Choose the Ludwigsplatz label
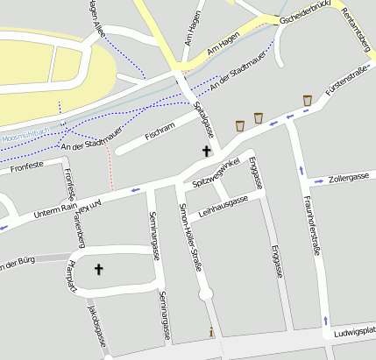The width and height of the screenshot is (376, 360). (355, 334)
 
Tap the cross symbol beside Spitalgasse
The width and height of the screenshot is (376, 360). (207, 152)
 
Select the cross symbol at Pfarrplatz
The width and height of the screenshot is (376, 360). (98, 269)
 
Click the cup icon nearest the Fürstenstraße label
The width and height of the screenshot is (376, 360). (308, 100)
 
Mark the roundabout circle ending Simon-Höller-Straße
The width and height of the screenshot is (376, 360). (206, 295)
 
